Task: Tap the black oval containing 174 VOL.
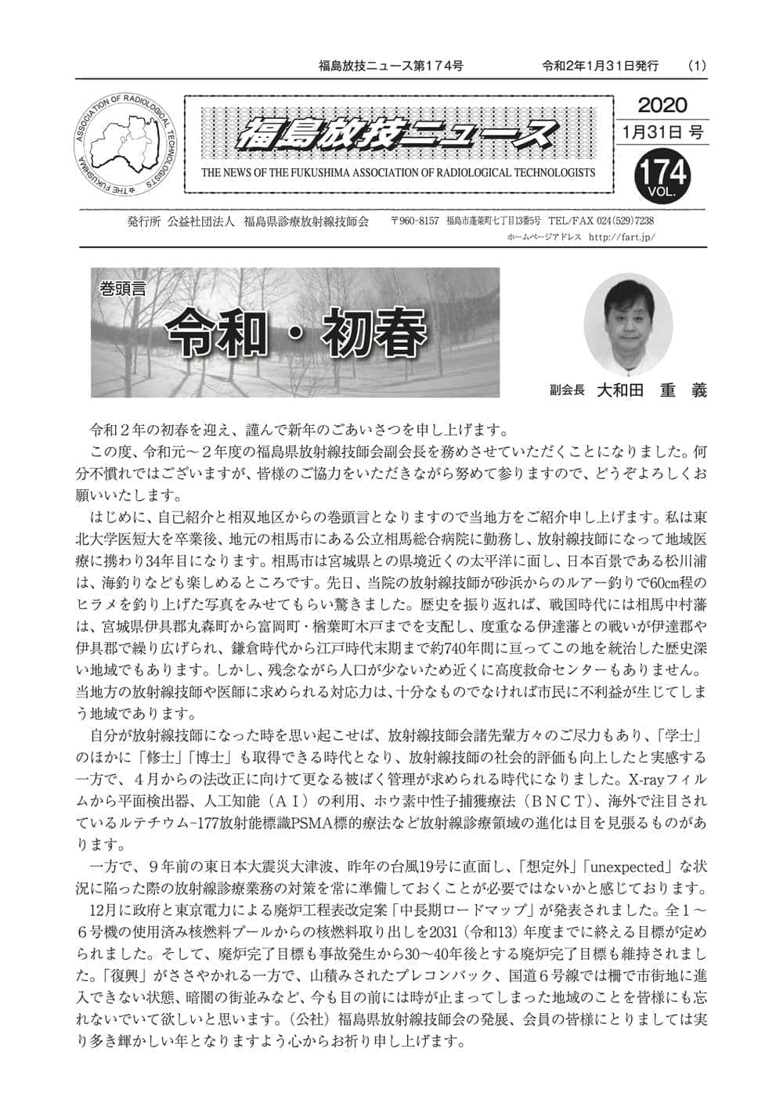click(x=662, y=175)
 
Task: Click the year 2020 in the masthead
click(x=662, y=105)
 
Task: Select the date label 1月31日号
click(x=662, y=132)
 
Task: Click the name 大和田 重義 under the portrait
click(x=650, y=390)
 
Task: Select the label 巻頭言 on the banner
click(x=123, y=288)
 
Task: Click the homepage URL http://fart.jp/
click(x=621, y=236)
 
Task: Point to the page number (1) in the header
click(x=696, y=66)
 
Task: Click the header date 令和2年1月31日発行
click(x=600, y=66)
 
